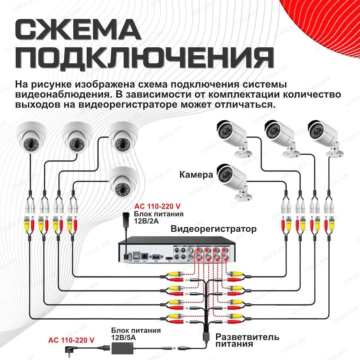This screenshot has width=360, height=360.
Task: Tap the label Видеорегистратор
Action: (x=214, y=229)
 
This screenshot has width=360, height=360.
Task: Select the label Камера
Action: (x=196, y=174)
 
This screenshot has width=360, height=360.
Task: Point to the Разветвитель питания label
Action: (x=247, y=340)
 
